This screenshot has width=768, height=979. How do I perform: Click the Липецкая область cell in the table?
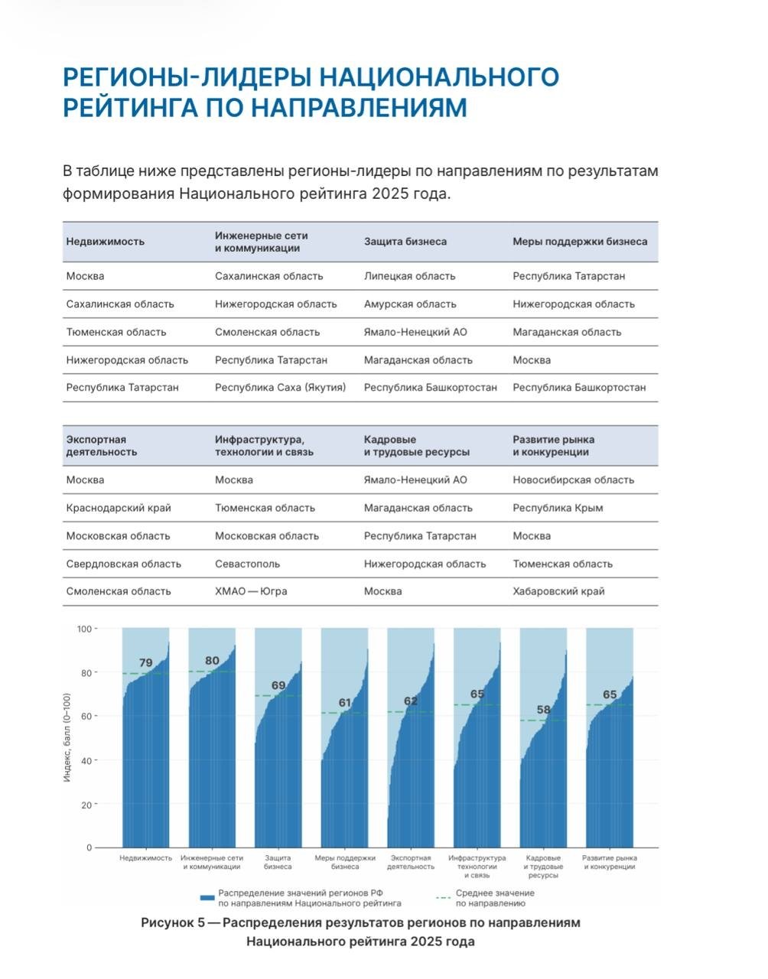409,275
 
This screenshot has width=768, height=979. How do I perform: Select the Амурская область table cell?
410,304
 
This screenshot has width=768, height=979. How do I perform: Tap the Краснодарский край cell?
119,508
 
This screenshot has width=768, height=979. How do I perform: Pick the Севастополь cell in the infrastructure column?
247,564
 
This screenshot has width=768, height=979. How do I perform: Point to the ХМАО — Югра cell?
251,591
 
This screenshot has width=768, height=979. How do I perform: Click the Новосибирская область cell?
573,480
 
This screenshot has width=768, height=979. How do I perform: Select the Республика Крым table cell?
558,508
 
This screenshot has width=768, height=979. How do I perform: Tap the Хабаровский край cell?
558,591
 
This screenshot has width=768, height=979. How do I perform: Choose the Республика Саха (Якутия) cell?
280,388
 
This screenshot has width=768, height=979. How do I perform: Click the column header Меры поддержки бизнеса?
580,242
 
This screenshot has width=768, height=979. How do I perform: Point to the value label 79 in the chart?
145,662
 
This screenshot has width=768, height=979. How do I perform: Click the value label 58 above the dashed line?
543,710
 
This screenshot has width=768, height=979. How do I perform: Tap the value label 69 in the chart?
278,685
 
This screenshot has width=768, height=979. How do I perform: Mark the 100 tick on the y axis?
84,629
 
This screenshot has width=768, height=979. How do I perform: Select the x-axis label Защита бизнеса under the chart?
278,862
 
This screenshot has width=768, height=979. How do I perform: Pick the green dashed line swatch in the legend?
443,898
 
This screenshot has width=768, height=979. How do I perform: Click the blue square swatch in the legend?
207,898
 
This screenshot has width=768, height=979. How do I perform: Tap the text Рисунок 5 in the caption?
173,922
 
